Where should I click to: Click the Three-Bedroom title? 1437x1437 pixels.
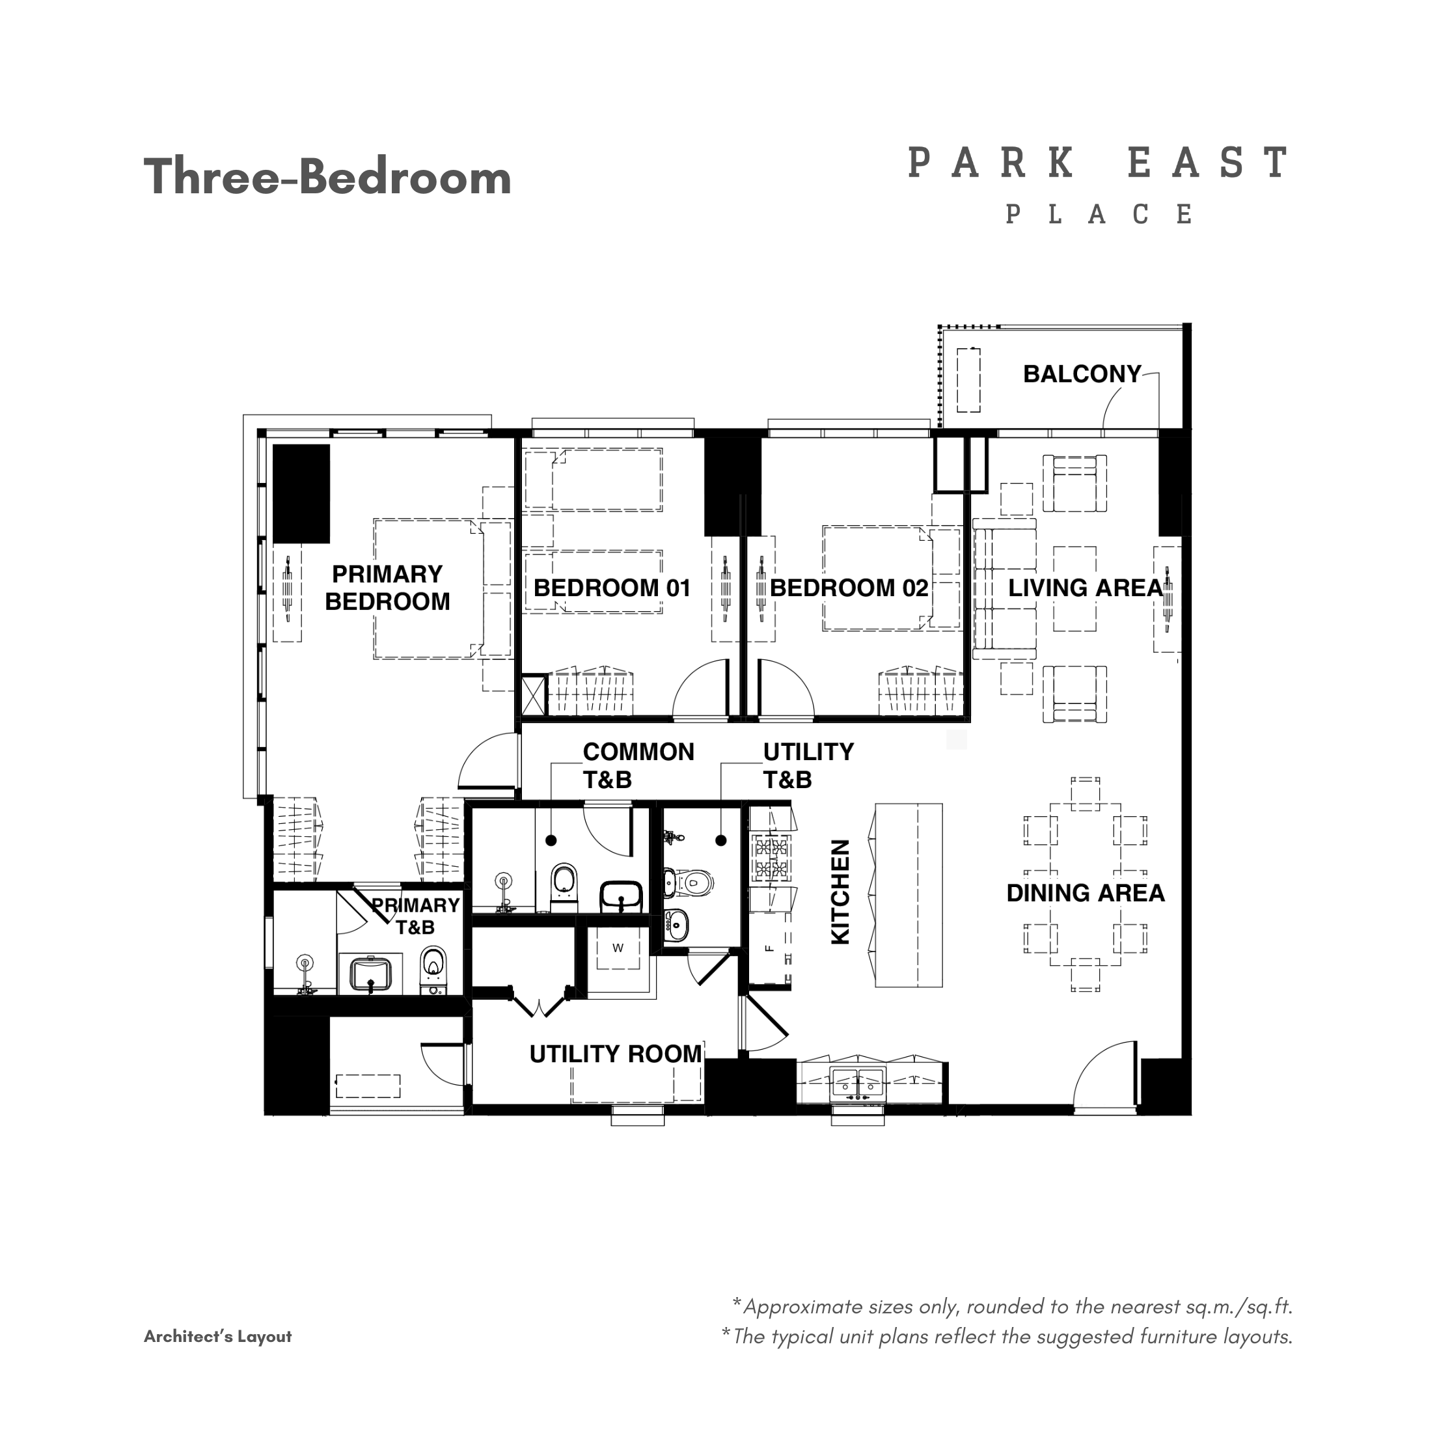(327, 178)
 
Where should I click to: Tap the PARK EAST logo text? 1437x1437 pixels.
(1099, 162)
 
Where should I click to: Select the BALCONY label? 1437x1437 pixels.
(1082, 374)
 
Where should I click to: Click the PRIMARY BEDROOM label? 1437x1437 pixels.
(387, 588)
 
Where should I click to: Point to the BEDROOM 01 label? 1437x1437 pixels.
(612, 588)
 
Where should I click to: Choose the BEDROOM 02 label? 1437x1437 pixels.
(849, 588)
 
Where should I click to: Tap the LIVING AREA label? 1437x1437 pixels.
(1085, 588)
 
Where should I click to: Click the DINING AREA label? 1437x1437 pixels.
(1085, 892)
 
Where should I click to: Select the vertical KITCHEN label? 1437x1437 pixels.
(840, 892)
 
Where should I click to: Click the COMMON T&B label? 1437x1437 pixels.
(638, 765)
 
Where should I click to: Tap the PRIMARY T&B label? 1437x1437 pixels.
(415, 916)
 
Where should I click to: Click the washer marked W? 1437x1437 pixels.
(618, 948)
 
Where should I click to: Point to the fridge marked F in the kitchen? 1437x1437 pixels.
(770, 948)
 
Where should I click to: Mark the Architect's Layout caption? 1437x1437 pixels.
(217, 1337)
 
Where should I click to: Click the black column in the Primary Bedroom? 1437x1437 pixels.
(301, 493)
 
